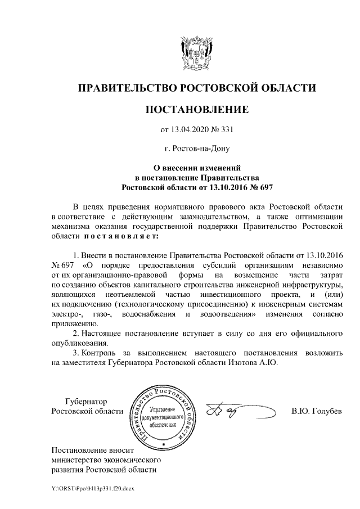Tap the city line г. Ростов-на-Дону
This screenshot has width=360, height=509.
pyautogui.click(x=196, y=149)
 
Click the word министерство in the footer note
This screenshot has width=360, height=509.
pyautogui.click(x=76, y=459)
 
